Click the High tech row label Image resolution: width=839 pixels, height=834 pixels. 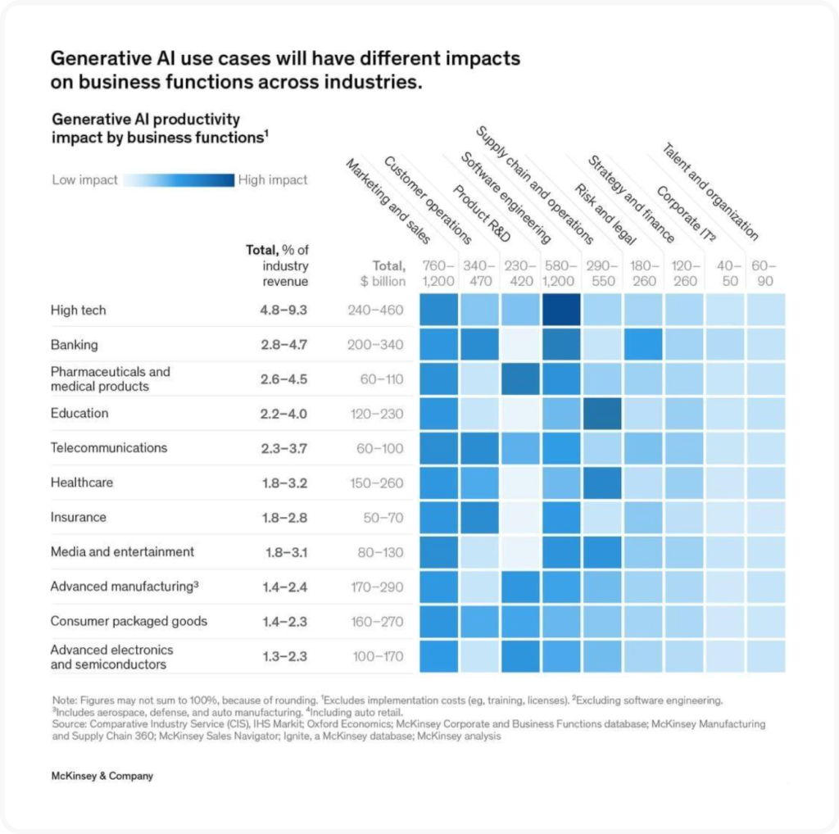78,310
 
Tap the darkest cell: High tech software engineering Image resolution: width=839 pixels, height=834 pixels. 561,310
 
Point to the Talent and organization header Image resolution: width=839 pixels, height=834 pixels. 710,192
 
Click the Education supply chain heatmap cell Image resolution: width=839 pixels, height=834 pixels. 602,414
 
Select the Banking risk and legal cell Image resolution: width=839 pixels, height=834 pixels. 643,345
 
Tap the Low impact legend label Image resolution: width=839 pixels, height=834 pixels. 84,180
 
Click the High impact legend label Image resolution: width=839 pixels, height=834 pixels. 273,180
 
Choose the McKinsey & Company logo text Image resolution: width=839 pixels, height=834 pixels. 102,776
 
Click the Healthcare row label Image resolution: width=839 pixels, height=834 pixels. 81,483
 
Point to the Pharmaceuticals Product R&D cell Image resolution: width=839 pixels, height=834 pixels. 520,379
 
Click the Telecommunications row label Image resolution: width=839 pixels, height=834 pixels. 108,448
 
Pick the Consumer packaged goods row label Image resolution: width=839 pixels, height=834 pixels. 129,621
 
